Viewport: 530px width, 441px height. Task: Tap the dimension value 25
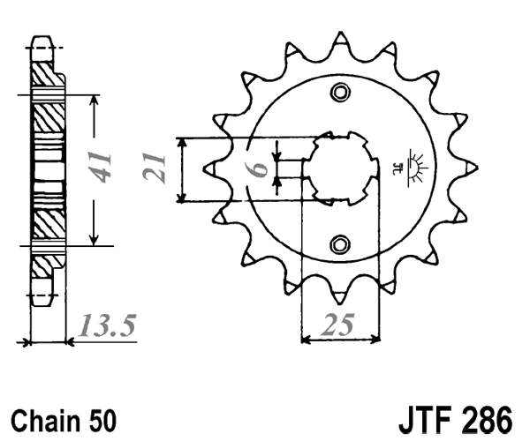337,326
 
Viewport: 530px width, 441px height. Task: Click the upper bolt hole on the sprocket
340,94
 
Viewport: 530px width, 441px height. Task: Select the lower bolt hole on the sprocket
340,243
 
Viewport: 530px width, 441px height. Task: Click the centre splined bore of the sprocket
340,168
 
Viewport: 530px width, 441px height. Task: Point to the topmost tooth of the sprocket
340,41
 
